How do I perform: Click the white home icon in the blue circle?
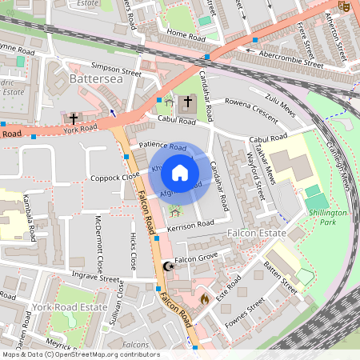coord(180,173)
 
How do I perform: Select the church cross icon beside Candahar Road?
coord(189,102)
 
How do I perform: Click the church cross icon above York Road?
coord(74,118)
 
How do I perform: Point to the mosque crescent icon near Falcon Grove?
coord(167,266)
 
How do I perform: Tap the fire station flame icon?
coord(204,298)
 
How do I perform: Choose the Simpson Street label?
coord(116,70)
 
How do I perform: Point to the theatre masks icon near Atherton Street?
coord(345,6)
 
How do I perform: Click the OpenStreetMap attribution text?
coord(80,354)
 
